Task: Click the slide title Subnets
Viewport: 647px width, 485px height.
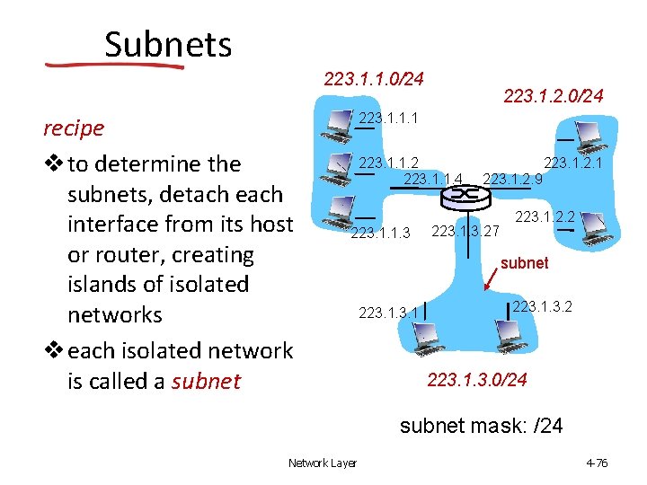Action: tap(168, 44)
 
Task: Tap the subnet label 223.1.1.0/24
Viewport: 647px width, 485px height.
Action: tap(373, 79)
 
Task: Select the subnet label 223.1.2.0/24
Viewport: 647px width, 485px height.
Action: tap(554, 94)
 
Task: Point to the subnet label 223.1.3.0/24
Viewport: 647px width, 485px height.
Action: tap(477, 380)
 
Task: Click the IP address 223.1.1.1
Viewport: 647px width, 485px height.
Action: tap(388, 118)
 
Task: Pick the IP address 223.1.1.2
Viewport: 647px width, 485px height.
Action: tap(388, 163)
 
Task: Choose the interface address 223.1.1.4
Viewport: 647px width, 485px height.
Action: tap(433, 179)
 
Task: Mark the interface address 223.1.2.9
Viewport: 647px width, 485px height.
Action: tap(512, 179)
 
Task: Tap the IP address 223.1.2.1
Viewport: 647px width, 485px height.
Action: tap(573, 163)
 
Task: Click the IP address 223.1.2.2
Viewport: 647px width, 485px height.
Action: tap(545, 216)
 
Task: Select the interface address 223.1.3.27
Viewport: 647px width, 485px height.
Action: tap(465, 232)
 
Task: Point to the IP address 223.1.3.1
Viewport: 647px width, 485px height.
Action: tap(387, 313)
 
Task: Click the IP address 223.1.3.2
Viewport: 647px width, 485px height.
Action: tap(542, 306)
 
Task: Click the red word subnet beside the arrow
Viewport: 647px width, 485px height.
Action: tap(524, 263)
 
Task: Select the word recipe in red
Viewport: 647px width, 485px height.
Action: tap(74, 128)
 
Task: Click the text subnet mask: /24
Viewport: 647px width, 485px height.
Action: tap(481, 425)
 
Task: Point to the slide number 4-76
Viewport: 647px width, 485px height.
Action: tap(597, 463)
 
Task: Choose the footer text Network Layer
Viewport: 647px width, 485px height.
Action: tap(322, 463)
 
